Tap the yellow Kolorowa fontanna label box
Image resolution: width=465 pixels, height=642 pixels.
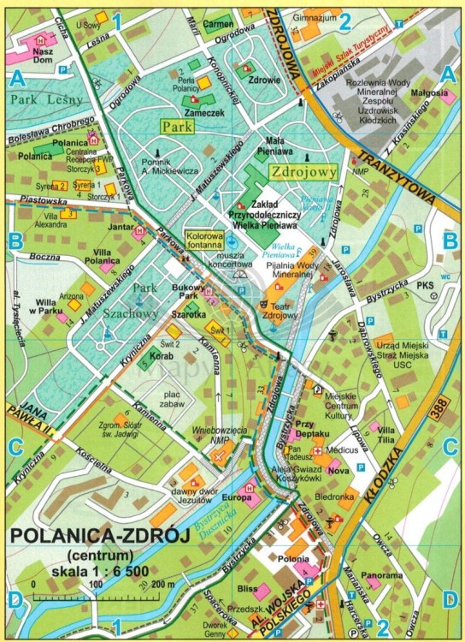(x=203, y=237)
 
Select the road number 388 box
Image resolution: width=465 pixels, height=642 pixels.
(x=440, y=414)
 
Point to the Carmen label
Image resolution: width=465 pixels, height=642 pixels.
(x=220, y=25)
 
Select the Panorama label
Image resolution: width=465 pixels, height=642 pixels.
(x=380, y=575)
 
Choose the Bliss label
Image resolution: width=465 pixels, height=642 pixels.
(x=248, y=589)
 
